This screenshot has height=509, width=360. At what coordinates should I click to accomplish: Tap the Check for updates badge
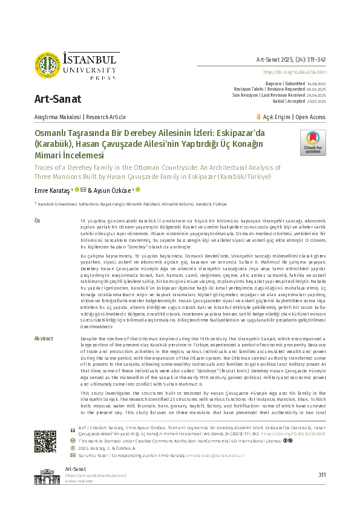click(x=313, y=143)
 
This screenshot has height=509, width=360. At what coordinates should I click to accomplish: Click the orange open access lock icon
click(x=276, y=117)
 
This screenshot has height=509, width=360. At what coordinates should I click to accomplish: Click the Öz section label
click(x=38, y=222)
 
